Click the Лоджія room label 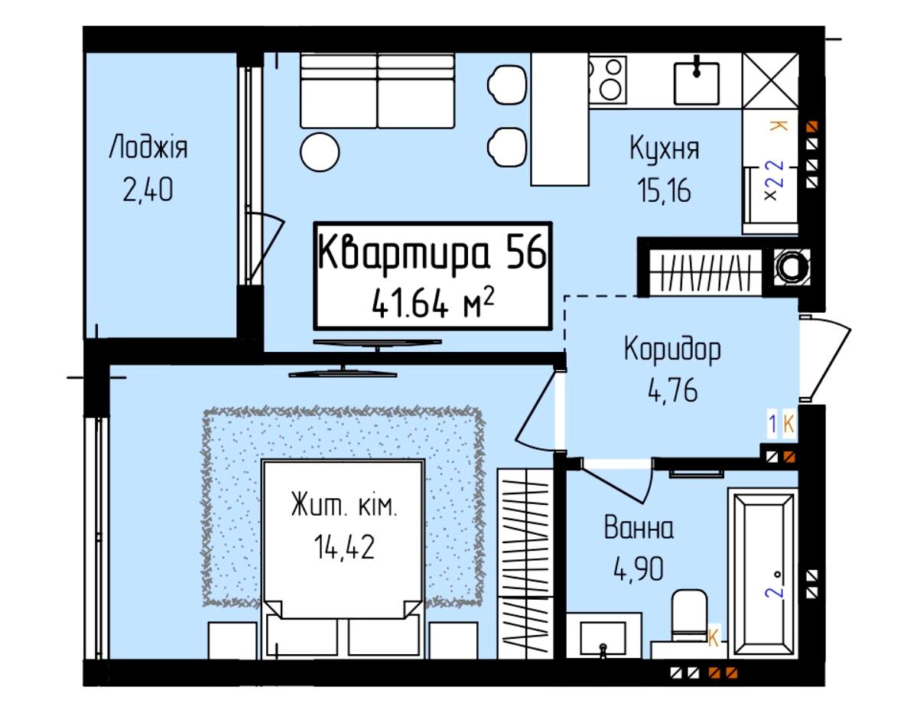pos(148,148)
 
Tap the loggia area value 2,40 pos(148,190)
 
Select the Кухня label pos(664,148)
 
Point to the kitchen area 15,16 pos(664,190)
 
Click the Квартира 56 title pos(433,252)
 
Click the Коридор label pos(672,350)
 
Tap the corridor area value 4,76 pos(673,390)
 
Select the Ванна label pos(639,528)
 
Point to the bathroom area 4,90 pos(639,569)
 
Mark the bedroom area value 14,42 pos(344,547)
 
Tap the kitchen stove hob pos(607,79)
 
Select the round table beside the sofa pos(320,151)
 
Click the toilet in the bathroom pos(689,617)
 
